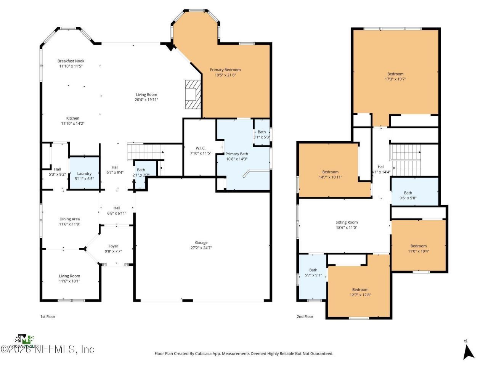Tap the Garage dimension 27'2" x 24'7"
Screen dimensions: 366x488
(x=201, y=248)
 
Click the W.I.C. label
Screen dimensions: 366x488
(x=201, y=148)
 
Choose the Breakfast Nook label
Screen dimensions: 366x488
(x=71, y=61)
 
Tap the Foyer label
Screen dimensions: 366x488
(x=113, y=246)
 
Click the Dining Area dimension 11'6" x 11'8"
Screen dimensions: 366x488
(x=70, y=224)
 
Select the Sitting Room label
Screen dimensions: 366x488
(x=346, y=222)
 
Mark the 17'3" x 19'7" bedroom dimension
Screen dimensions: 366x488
(x=395, y=79)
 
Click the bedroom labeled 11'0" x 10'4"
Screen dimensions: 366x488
(x=418, y=248)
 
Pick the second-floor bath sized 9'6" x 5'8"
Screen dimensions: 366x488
(x=408, y=195)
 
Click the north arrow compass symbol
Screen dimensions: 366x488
(x=468, y=351)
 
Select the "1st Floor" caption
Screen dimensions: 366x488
(x=48, y=316)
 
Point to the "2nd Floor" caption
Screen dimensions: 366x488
(x=305, y=316)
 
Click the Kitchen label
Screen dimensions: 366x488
(x=73, y=118)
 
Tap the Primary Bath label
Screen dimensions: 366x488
(x=237, y=154)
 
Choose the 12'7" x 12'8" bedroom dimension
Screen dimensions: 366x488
(x=360, y=295)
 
